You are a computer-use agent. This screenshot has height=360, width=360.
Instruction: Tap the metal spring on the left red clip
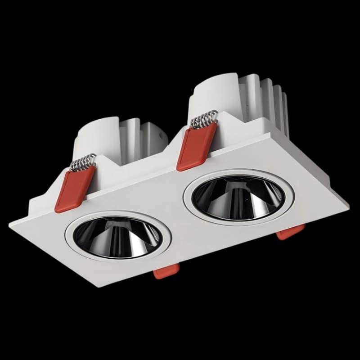point(84,162)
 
